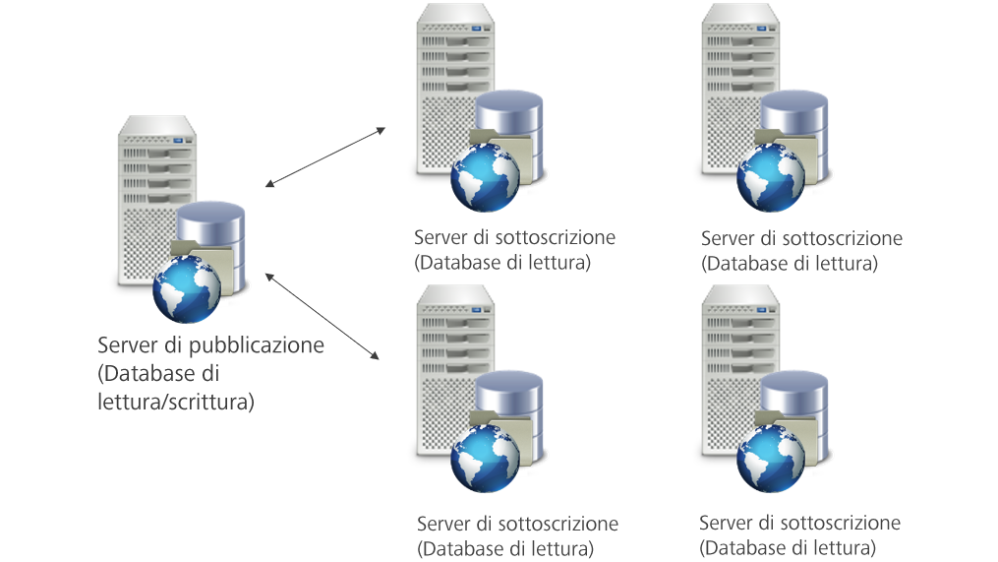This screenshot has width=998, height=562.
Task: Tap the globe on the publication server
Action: [x=186, y=289]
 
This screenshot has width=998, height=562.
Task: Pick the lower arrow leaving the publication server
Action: [x=323, y=315]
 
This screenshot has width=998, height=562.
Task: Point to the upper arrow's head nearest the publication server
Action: [x=269, y=184]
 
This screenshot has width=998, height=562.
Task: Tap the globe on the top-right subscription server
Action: [x=771, y=179]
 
